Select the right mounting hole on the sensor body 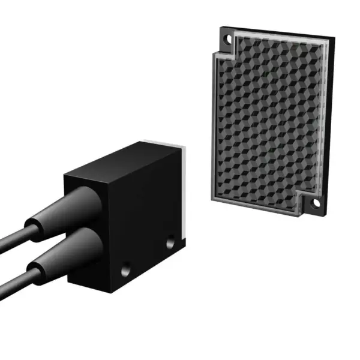click(170, 242)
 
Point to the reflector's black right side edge click(331, 120)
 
